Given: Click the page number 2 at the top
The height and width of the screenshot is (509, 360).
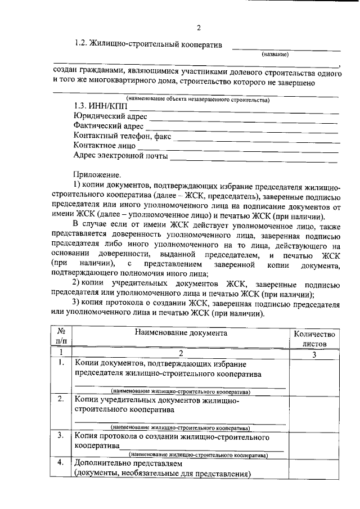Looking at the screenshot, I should (199, 28).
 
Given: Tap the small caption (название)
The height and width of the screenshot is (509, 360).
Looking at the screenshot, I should (275, 55).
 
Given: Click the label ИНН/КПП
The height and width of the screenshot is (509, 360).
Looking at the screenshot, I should (101, 106).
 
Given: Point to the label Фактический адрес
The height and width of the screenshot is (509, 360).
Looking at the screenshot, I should (109, 126).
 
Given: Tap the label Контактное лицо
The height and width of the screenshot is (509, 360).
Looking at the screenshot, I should (105, 146).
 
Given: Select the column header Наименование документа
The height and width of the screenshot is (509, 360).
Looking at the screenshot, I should (181, 332).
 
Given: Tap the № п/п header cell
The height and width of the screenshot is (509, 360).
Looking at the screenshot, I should (61, 337).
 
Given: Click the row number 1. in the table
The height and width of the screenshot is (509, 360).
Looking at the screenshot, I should (61, 363).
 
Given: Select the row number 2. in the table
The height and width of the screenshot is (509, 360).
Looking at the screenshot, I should (61, 399).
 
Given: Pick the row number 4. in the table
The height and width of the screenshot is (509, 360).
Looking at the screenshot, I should (61, 462).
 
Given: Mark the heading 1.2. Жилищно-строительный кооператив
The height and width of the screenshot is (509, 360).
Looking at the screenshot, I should (148, 44).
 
